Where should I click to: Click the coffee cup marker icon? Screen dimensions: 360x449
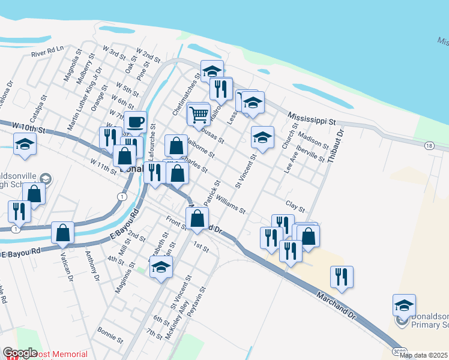pos(136,122)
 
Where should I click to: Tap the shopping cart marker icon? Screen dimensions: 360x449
pos(199,114)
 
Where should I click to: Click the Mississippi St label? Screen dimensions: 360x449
pos(311,118)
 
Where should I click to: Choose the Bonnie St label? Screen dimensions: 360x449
pos(110,334)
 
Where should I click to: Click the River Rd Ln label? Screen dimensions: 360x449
pos(47,52)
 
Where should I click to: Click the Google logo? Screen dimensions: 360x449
pos(20,353)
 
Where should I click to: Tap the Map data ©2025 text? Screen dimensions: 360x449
pos(423,355)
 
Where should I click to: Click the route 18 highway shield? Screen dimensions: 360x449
pos(429,146)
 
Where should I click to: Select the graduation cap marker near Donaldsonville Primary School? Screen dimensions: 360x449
pos(404,305)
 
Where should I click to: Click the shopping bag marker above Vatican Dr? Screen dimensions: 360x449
pos(63,233)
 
